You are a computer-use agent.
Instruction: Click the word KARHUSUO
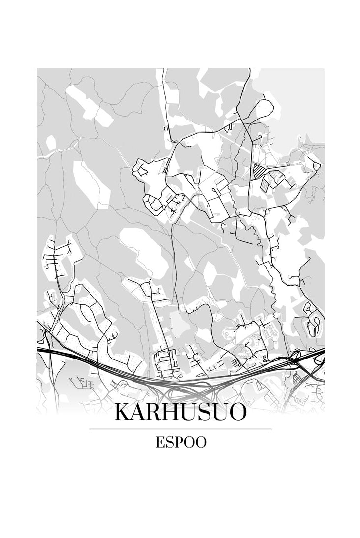[x=180, y=412]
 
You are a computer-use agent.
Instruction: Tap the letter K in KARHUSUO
[x=122, y=412]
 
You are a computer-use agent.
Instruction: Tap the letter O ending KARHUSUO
[x=237, y=412]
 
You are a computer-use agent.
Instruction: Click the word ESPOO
[x=180, y=442]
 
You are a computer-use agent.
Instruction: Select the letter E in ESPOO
[x=160, y=442]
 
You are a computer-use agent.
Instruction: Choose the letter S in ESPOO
[x=169, y=442]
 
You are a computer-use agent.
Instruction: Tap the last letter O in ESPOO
[x=201, y=442]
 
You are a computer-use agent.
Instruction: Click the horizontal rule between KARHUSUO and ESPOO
[x=180, y=429]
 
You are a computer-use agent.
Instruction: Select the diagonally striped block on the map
[x=258, y=171]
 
